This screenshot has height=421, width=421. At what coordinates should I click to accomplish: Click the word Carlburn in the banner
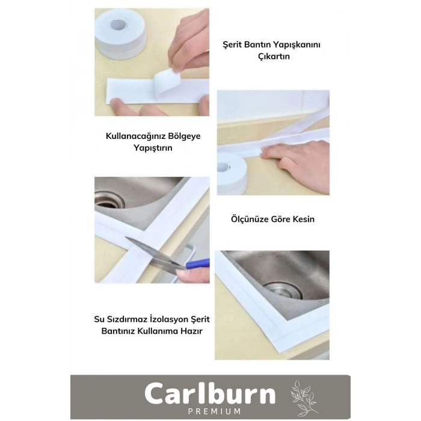[210, 393]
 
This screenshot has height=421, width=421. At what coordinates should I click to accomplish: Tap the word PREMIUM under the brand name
[214, 411]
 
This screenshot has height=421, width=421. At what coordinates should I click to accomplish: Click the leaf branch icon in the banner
[304, 398]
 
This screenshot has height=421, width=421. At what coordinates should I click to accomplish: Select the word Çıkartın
[274, 57]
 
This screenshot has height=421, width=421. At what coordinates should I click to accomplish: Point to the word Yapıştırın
[153, 148]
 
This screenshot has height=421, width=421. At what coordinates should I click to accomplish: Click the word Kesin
[303, 219]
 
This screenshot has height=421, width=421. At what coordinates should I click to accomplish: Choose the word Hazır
[191, 331]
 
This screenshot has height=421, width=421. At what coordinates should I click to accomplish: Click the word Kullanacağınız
[135, 137]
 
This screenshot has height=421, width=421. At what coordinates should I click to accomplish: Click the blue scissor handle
[197, 263]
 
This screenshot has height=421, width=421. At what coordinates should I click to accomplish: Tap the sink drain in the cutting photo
[109, 200]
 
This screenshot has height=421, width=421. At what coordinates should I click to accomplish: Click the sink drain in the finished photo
[283, 290]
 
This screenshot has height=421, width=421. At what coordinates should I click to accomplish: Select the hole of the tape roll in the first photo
[118, 25]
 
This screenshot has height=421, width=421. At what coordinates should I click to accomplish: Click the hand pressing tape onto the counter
[296, 165]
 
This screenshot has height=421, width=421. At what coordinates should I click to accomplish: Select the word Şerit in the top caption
[232, 45]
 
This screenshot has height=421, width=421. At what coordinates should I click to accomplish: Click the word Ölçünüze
[250, 219]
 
